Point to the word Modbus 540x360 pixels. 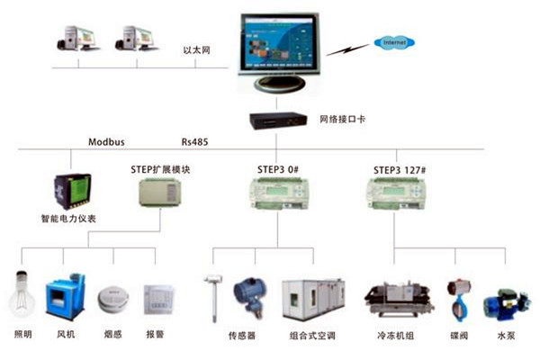[x=105, y=141]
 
